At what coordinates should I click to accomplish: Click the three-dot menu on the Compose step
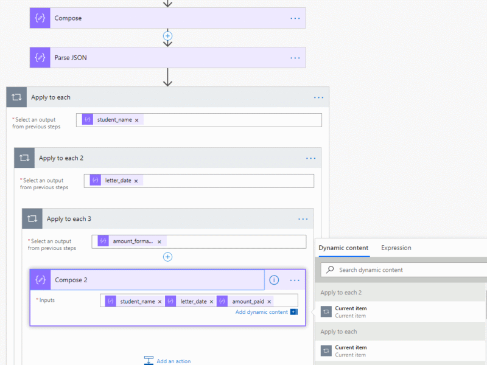point(295,18)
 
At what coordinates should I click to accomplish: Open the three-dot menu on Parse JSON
point(295,58)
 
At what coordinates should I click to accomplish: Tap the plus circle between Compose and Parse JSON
point(168,36)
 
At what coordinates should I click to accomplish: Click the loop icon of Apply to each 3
point(32,218)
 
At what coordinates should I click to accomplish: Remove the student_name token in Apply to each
point(136,120)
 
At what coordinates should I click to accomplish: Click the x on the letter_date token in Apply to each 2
point(136,181)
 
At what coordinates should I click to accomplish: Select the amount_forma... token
point(133,241)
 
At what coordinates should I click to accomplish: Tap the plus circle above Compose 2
point(168,257)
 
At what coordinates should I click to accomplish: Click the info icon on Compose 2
point(274,280)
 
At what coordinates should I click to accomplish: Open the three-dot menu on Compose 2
point(295,280)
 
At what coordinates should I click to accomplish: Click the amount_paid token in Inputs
point(248,301)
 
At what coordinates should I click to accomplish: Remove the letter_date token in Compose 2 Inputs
point(211,302)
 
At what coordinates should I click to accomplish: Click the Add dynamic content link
point(262,312)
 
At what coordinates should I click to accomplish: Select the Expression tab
point(396,248)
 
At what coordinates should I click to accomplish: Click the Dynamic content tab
point(343,248)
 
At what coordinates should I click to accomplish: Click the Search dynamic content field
point(404,270)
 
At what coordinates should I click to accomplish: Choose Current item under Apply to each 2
point(351,311)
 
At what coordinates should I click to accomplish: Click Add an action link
point(173,361)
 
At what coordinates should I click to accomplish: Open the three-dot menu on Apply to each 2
point(310,158)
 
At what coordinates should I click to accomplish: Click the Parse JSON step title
point(71,58)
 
